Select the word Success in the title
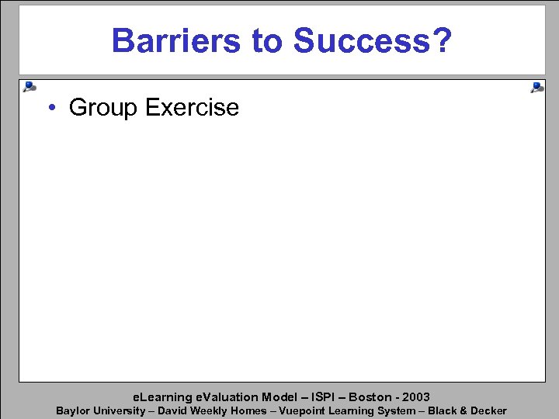click(x=363, y=40)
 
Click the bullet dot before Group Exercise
click(x=49, y=108)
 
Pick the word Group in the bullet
click(x=103, y=108)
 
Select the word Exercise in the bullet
click(x=192, y=108)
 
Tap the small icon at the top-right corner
click(x=536, y=88)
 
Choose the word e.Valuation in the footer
click(x=225, y=396)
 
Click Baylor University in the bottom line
click(x=100, y=410)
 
